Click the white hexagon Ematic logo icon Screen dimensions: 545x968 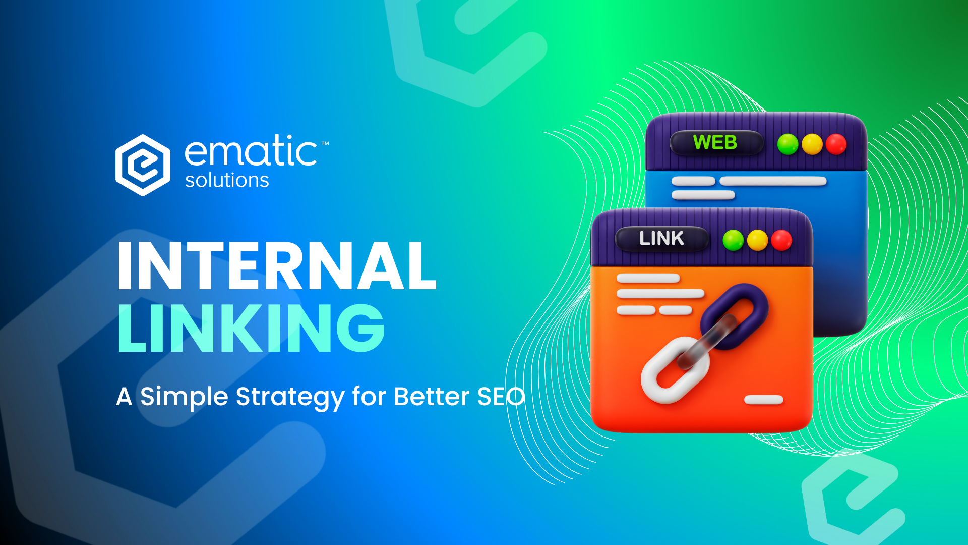coord(143,165)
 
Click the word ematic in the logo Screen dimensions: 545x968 coord(251,151)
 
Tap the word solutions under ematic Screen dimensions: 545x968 coord(227,180)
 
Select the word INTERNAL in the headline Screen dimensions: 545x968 coord(277,265)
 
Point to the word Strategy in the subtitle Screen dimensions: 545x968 coord(290,397)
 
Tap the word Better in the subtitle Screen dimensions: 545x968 coord(431,397)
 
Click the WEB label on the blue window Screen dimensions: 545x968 coord(715,143)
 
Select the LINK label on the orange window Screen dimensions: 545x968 coord(661,238)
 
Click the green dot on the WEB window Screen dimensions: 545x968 coord(788,144)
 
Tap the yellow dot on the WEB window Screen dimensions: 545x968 coord(812,144)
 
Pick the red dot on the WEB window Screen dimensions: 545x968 coord(836,144)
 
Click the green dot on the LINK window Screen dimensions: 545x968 coord(733,240)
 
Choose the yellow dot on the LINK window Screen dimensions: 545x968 coord(757,240)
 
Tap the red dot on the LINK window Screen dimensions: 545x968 coord(781,240)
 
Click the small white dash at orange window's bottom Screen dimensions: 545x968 coord(764,400)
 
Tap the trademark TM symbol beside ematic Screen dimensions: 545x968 coord(325,144)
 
